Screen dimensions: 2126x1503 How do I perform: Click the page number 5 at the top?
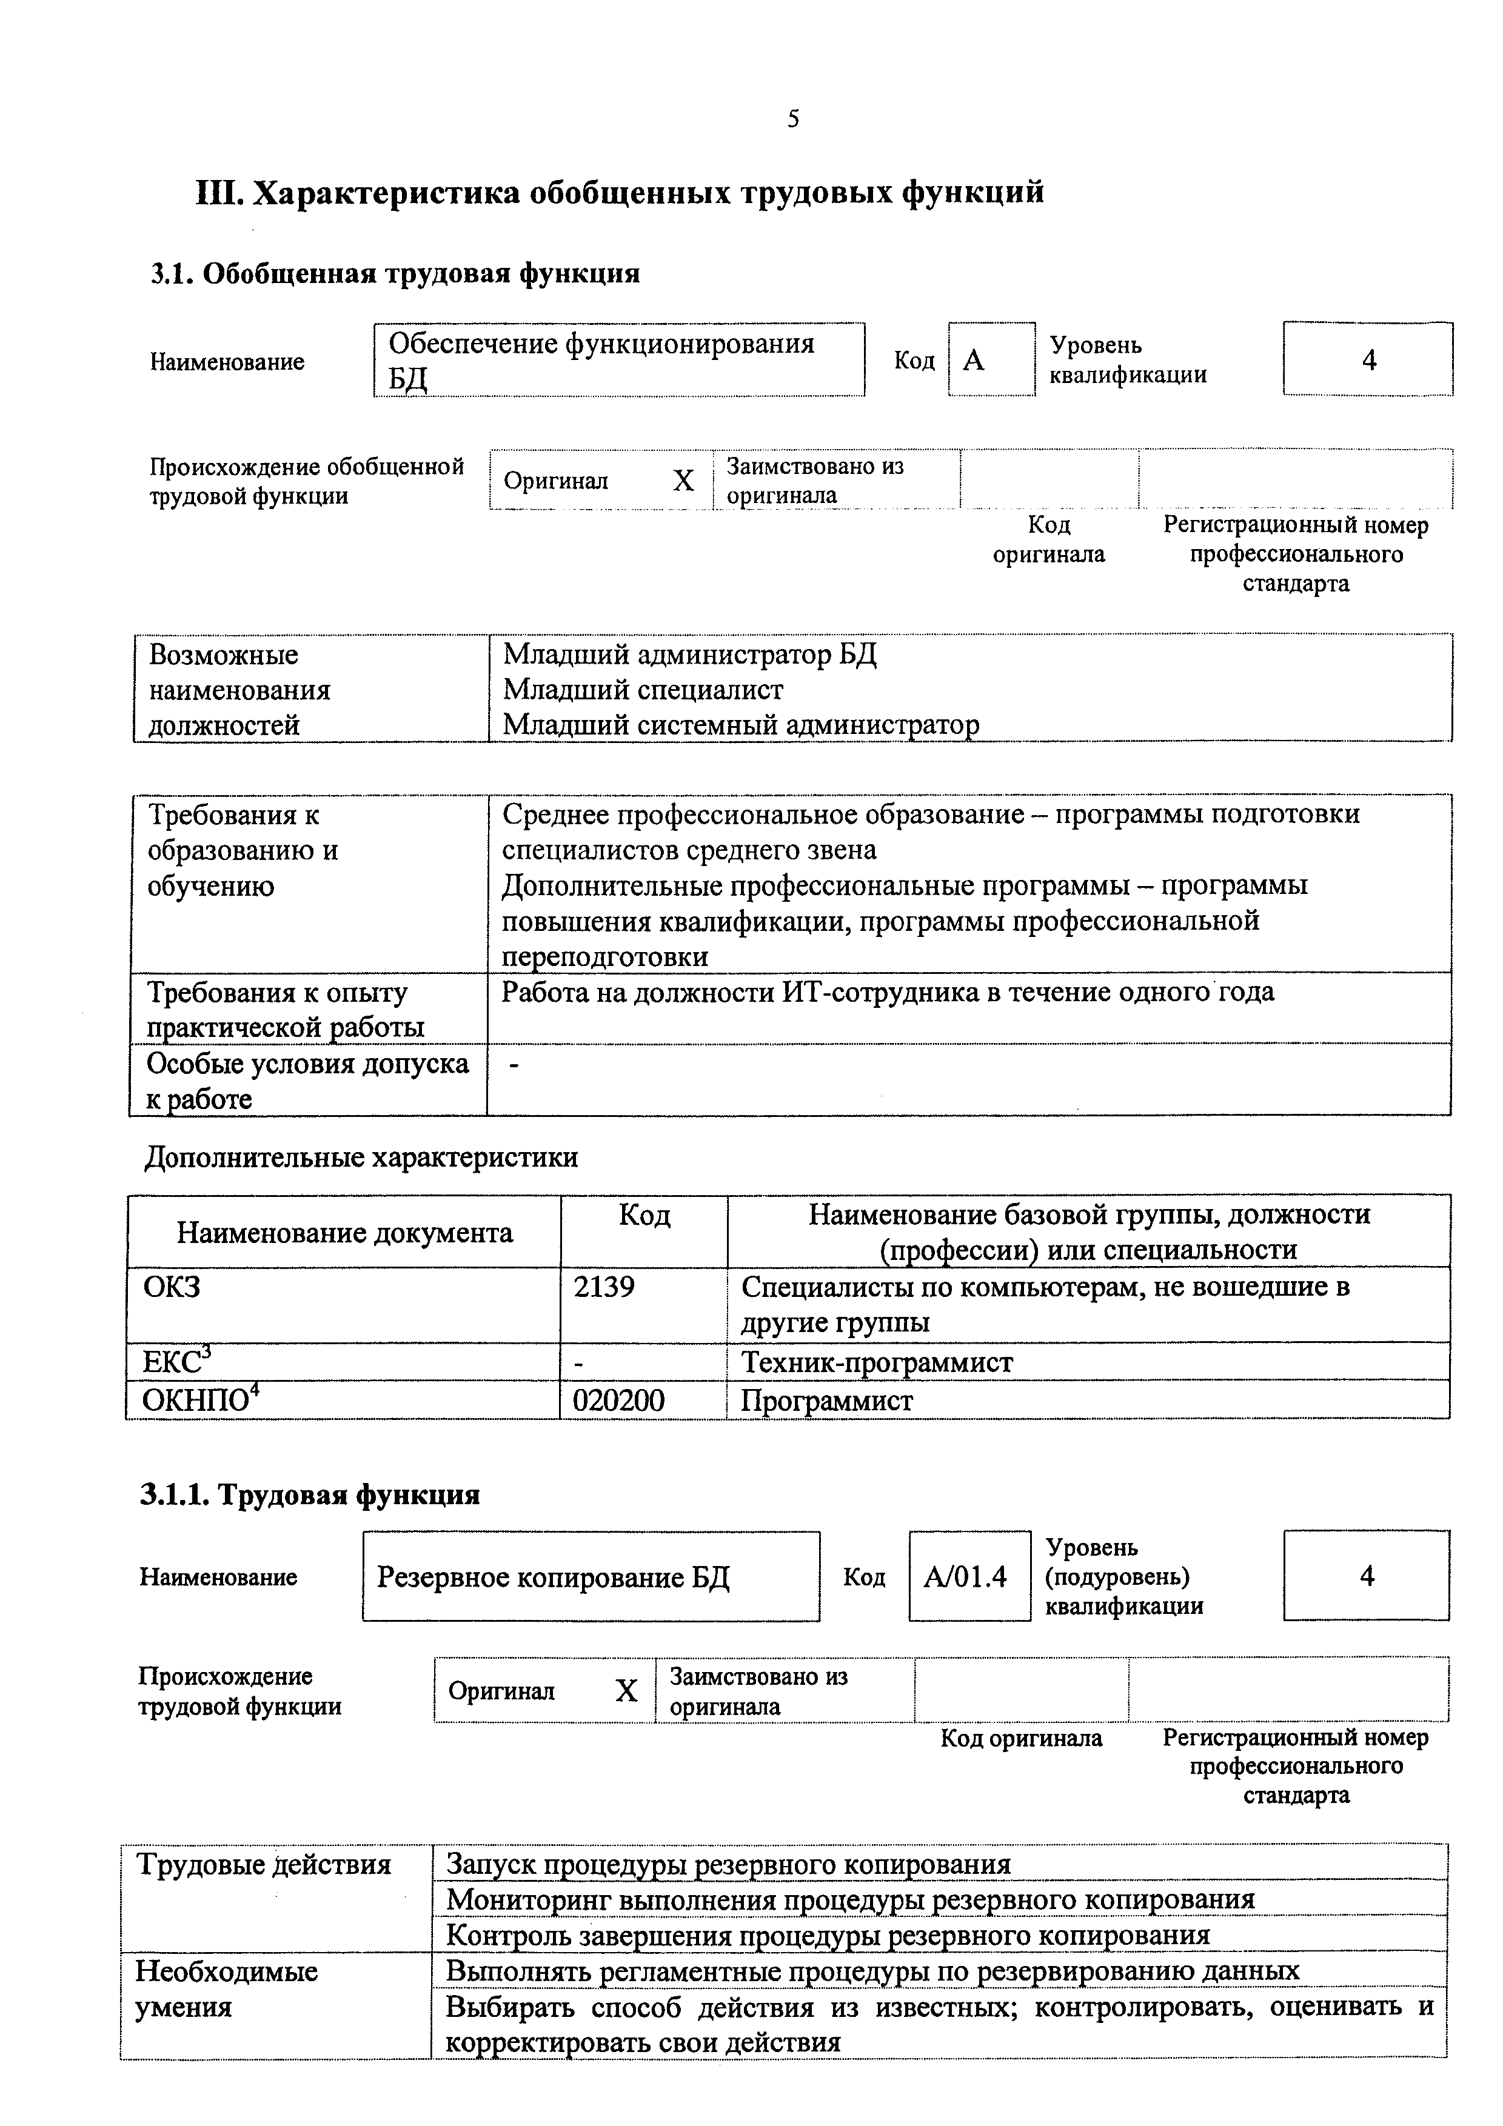click(792, 119)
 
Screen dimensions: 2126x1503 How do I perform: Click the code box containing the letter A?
click(990, 359)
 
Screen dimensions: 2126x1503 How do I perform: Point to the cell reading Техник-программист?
click(876, 1362)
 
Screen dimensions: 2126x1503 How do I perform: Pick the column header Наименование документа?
click(344, 1233)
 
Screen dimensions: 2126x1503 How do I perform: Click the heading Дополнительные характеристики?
click(361, 1158)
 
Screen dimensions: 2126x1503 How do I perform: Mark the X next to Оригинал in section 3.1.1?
click(626, 1691)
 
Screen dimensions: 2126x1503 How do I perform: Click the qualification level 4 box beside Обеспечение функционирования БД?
click(1368, 359)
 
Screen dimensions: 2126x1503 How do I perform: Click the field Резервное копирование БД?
click(553, 1576)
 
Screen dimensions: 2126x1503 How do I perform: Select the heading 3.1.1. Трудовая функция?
click(310, 1495)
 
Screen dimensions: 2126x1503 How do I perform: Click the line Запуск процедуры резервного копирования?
click(728, 1863)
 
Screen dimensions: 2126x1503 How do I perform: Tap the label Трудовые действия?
click(263, 1863)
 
